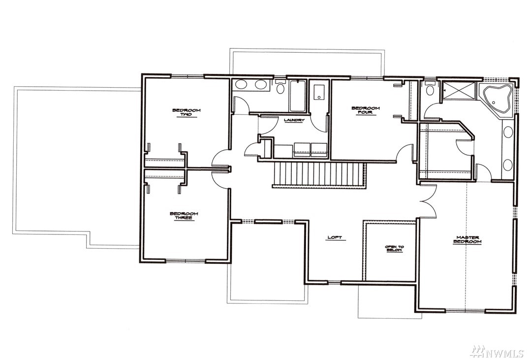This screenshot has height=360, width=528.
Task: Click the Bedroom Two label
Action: click(x=186, y=112)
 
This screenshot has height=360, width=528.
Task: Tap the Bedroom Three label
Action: click(x=184, y=216)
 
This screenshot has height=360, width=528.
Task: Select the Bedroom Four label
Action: click(x=366, y=110)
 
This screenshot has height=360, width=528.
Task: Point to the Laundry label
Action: click(x=294, y=120)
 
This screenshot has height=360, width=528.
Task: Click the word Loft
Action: click(x=335, y=238)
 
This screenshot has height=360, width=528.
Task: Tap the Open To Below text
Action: click(x=394, y=249)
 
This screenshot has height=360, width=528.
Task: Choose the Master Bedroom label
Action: click(x=467, y=240)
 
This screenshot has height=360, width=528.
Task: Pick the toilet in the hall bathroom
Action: click(x=280, y=87)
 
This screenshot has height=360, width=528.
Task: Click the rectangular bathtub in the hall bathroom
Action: click(x=297, y=96)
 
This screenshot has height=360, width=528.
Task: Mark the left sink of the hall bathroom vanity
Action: click(x=241, y=84)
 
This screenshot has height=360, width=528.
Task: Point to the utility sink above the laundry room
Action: click(x=318, y=92)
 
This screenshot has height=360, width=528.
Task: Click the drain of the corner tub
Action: click(x=494, y=102)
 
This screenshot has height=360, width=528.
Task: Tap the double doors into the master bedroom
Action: click(x=429, y=201)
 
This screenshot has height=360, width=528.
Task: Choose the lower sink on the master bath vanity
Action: click(x=507, y=165)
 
